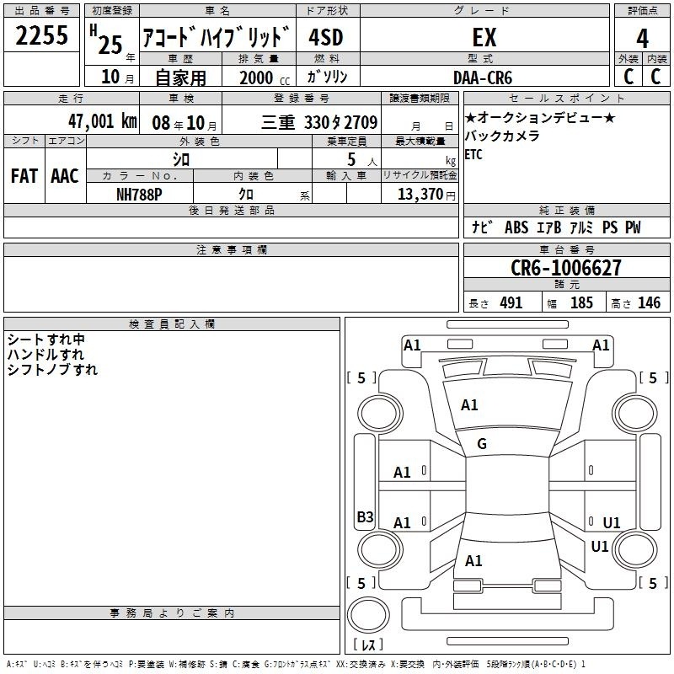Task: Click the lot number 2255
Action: [41, 35]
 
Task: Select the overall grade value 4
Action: [642, 39]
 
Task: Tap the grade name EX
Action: [484, 37]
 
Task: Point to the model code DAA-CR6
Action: [483, 78]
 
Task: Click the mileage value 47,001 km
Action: [103, 121]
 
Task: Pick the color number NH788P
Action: [139, 195]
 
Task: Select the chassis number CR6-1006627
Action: [565, 268]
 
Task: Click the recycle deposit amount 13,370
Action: [420, 194]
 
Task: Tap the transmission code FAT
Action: [24, 176]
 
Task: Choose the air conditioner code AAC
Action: [65, 176]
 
